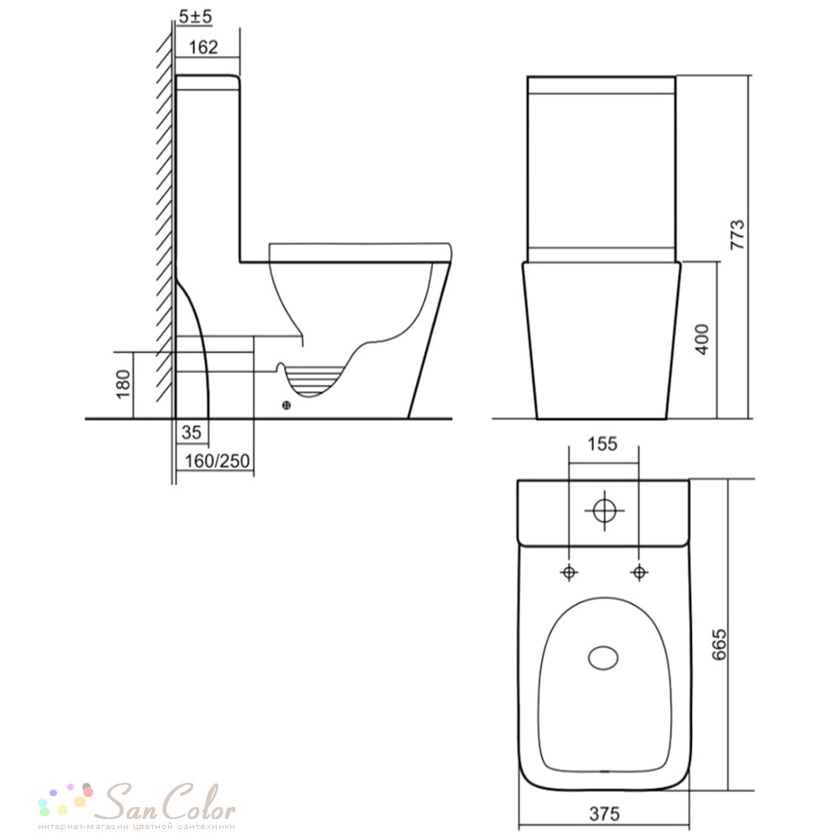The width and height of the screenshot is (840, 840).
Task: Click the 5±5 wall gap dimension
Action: pyautogui.click(x=195, y=17)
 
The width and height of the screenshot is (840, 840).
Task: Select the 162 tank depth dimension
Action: pyautogui.click(x=203, y=47)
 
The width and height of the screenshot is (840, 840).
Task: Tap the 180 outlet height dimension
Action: pyautogui.click(x=123, y=384)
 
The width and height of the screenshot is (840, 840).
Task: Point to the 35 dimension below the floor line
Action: pyautogui.click(x=192, y=433)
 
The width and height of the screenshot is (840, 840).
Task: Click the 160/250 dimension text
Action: pyautogui.click(x=217, y=460)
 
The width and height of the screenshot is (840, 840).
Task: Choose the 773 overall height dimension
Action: pyautogui.click(x=738, y=234)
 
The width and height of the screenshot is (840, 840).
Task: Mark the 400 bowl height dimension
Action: pyautogui.click(x=701, y=339)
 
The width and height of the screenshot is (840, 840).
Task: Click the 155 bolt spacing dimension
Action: pyautogui.click(x=602, y=444)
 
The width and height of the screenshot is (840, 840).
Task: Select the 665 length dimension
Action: pyautogui.click(x=719, y=644)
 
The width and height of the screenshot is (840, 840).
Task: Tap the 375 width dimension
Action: pyautogui.click(x=604, y=814)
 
